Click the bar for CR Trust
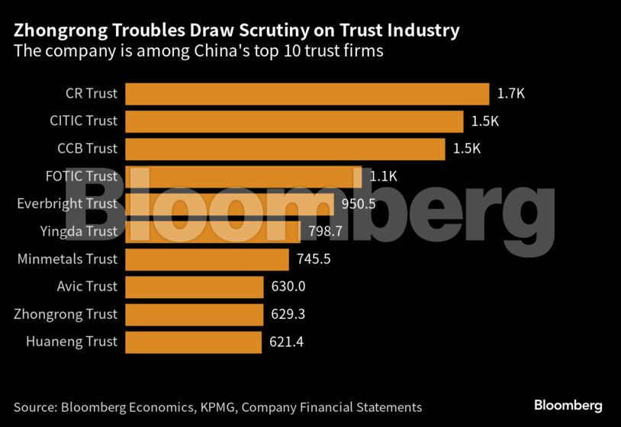coord(307,94)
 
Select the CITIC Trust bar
coord(294,121)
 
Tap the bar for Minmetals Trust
coord(207,259)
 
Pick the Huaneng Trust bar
coord(193,342)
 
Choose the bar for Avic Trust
coord(195,287)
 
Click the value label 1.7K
coord(511,94)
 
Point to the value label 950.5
coord(359,204)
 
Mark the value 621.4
coord(287,342)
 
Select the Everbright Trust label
coord(67,204)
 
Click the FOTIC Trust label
coord(82,176)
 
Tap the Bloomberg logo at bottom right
coord(568,406)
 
